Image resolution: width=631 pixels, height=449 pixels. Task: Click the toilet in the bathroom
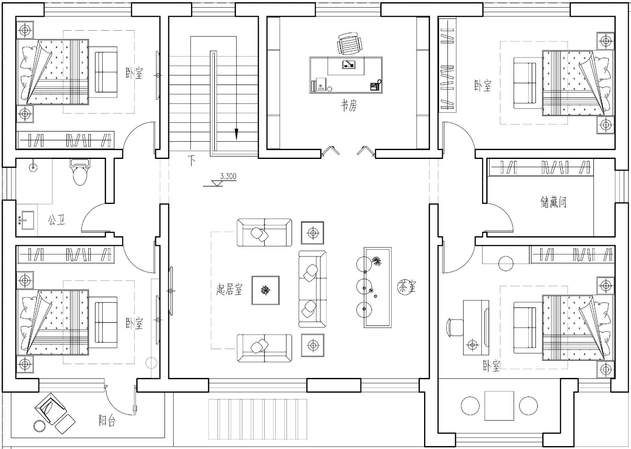tap(80, 172)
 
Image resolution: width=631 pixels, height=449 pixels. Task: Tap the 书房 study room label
tap(349, 106)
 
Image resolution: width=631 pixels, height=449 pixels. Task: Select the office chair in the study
tap(349, 43)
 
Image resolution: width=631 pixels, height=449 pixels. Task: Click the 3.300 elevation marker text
tap(228, 177)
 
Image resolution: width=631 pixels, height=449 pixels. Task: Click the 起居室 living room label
tap(229, 289)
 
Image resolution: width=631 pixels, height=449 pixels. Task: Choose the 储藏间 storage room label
tap(553, 202)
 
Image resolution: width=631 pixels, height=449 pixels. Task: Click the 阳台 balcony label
tap(107, 421)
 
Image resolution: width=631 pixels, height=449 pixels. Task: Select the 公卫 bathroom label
tap(57, 219)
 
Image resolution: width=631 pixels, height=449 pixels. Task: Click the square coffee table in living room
tap(265, 290)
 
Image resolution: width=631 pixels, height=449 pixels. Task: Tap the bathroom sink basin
tap(27, 220)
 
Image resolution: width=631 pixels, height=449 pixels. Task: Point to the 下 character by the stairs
tap(192, 160)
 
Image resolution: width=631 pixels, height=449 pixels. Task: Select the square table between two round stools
tap(499, 406)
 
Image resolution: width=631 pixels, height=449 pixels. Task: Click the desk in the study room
tap(346, 75)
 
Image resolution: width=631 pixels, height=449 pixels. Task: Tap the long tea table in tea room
tap(377, 288)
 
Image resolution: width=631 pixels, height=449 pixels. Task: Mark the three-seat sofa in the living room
tap(313, 289)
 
